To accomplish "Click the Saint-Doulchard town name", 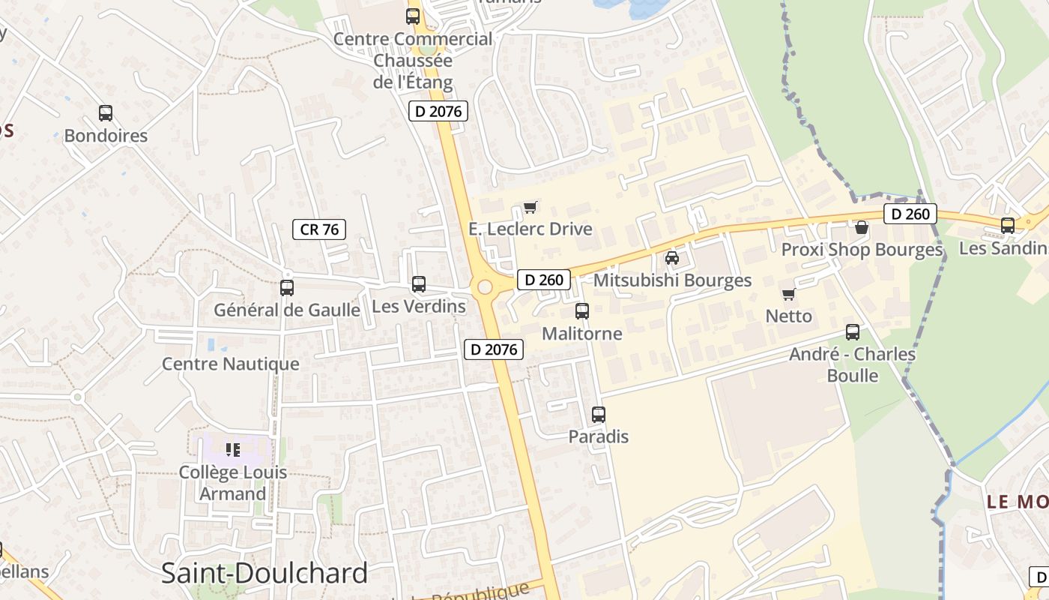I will click(x=264, y=573).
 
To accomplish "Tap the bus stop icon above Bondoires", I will click(x=106, y=113).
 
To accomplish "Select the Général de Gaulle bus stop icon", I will click(x=287, y=287).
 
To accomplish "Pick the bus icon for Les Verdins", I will click(x=419, y=284).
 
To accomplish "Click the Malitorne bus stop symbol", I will click(x=582, y=310).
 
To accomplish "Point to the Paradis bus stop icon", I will click(x=599, y=414).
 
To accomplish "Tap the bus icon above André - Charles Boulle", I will click(x=853, y=332).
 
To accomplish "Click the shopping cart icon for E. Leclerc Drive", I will click(x=530, y=207).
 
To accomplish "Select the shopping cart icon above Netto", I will click(x=788, y=294).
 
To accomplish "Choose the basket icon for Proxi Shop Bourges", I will click(x=862, y=226).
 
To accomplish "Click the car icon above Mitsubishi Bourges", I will click(x=672, y=258).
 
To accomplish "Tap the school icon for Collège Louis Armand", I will click(x=233, y=450).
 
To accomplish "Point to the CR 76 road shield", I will click(x=319, y=229).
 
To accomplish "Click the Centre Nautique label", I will click(x=231, y=364).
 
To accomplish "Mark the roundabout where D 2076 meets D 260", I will click(x=485, y=286).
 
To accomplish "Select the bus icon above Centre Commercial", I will click(x=413, y=16).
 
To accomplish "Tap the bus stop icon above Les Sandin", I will click(x=1008, y=225).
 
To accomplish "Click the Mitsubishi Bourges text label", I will click(x=672, y=280).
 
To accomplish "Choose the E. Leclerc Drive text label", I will click(x=530, y=229).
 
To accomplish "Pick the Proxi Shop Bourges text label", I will click(x=862, y=250).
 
